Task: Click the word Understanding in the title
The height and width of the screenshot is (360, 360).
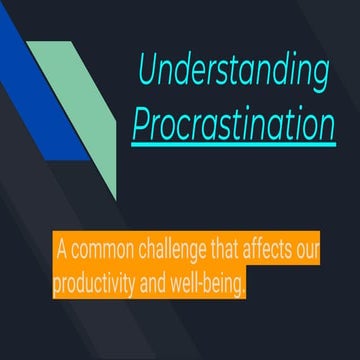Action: (x=233, y=71)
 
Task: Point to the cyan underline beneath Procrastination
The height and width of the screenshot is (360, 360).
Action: (x=233, y=144)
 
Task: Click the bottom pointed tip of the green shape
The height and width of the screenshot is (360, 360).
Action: (x=116, y=197)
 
